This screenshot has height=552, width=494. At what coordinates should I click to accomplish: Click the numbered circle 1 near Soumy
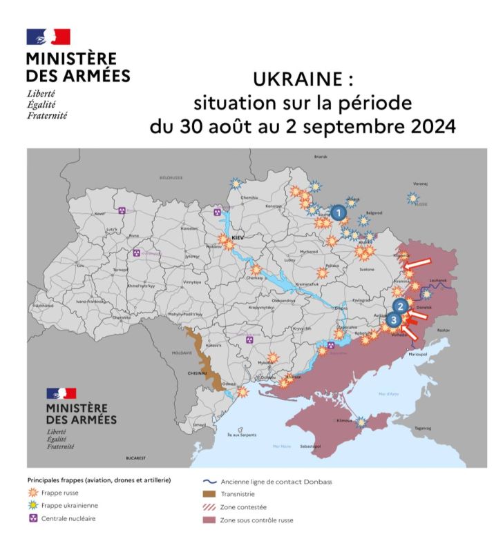338,213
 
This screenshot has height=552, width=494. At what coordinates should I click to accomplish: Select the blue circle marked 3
393,319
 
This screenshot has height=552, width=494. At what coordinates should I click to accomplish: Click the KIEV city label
239,236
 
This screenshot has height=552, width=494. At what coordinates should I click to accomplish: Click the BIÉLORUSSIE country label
171,177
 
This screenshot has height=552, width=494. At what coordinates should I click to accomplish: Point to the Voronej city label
421,184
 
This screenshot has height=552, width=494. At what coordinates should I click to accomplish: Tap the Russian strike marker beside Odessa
243,391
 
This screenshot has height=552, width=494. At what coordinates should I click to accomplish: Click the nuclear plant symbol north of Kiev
218,212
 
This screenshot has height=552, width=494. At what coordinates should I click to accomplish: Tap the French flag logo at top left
48,37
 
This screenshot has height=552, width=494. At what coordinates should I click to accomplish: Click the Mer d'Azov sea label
388,394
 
